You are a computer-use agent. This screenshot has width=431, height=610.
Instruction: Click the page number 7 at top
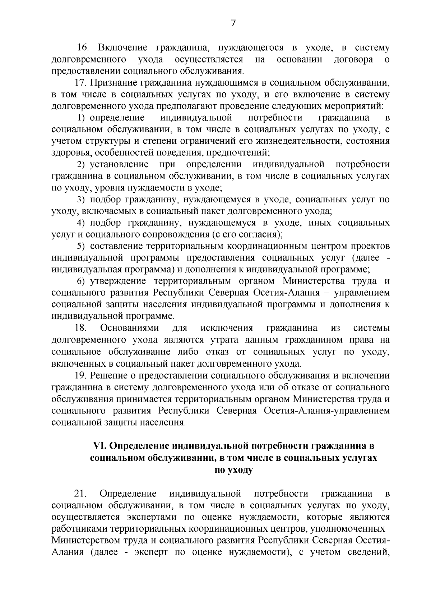233,23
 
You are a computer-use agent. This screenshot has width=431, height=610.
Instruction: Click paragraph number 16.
83,47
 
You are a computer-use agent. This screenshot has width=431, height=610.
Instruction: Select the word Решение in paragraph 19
107,375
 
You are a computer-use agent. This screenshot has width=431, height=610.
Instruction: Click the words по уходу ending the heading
233,470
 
